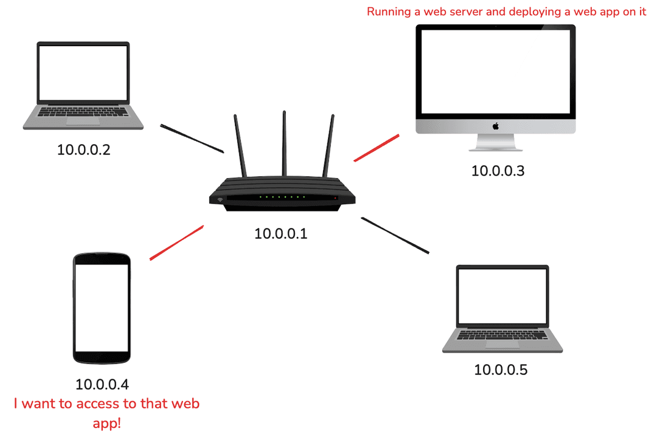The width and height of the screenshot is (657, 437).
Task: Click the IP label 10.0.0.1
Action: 281,233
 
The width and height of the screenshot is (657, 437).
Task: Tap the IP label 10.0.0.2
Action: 84,150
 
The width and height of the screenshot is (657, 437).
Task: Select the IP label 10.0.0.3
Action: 498,171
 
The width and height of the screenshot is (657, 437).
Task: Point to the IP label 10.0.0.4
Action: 102,384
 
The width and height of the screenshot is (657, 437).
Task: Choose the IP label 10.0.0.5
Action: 501,370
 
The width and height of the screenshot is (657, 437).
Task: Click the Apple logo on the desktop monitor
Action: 496,126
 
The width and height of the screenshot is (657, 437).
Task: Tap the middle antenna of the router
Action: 284,143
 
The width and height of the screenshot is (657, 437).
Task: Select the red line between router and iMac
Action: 377,148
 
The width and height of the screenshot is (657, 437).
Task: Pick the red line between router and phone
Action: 176,243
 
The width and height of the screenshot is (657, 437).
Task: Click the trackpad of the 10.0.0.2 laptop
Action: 83,121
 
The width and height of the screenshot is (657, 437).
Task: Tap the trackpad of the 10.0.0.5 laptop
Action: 502,344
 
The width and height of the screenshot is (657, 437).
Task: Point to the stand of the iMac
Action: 496,142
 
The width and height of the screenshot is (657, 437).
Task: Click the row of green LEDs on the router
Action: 281,197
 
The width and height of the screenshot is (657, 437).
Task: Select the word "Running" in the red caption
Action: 389,12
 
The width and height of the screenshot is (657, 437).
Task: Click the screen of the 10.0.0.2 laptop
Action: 83,73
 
